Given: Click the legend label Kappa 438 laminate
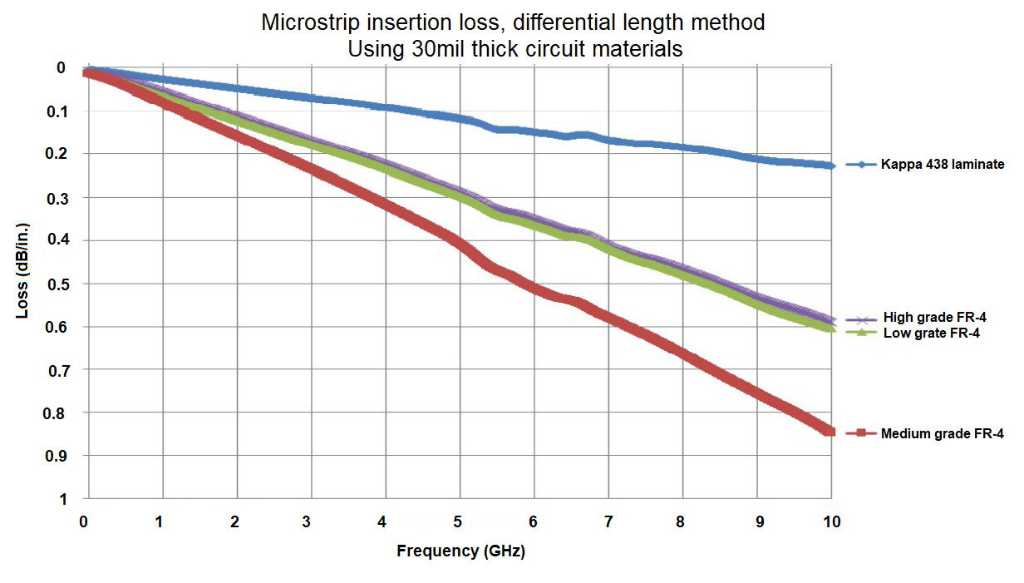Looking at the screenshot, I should (x=943, y=165).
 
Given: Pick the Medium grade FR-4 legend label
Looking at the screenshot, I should (x=942, y=433).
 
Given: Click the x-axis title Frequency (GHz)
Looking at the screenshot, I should (x=461, y=551).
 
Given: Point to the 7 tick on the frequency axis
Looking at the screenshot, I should (x=608, y=522).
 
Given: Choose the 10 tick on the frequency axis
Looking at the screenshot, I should (x=831, y=522).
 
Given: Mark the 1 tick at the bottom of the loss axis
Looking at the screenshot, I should (x=62, y=499).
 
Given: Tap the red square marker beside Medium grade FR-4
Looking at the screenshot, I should (x=862, y=433).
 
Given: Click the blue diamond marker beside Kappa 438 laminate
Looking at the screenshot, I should (x=862, y=165).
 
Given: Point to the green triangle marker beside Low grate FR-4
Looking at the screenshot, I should (x=862, y=333).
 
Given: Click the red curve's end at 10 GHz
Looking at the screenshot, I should (x=829, y=430).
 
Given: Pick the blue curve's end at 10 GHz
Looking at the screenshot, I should (x=830, y=166).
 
